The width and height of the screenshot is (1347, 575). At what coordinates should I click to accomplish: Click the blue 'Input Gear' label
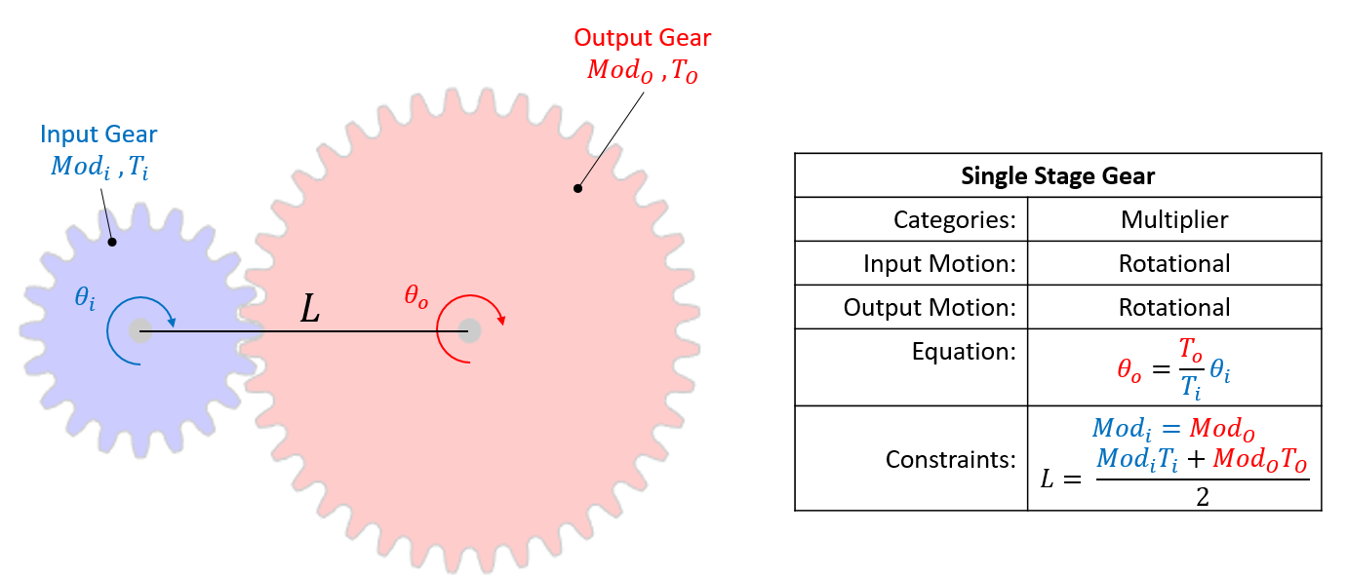click(99, 134)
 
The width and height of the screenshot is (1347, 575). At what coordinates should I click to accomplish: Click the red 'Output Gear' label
click(642, 38)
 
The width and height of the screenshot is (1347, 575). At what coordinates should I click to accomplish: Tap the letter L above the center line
click(309, 310)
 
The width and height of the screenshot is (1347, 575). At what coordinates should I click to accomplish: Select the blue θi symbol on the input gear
click(86, 297)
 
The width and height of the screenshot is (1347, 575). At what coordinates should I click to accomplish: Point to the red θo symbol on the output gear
click(416, 295)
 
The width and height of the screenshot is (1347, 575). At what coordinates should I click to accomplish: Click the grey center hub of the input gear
click(139, 330)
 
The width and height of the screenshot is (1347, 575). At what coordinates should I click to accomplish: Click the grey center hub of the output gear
click(469, 330)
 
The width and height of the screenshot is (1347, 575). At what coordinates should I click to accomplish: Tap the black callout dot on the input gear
click(112, 241)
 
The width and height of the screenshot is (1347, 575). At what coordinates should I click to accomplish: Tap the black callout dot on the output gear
click(577, 188)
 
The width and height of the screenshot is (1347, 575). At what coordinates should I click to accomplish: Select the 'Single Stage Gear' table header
click(1057, 176)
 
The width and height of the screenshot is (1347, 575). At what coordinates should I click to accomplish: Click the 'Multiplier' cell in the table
click(1174, 219)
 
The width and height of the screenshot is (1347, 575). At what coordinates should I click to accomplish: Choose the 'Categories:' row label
click(954, 219)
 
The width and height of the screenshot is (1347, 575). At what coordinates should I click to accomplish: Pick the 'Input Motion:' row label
click(939, 263)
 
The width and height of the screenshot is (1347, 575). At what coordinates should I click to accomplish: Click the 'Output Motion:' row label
click(930, 307)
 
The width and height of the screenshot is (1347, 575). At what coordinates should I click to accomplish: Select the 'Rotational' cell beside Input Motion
click(1174, 263)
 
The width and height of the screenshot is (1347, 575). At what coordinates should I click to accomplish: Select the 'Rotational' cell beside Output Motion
click(1174, 307)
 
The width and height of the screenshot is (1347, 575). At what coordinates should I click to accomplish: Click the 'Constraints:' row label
click(950, 458)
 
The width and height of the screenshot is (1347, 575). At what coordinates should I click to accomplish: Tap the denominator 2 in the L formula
click(1202, 496)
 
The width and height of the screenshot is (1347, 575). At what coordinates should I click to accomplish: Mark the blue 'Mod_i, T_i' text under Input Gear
click(99, 166)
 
